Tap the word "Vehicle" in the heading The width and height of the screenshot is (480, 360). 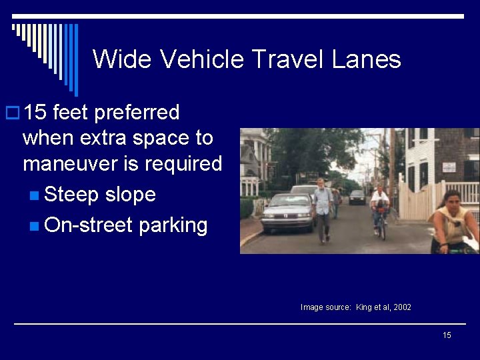201,59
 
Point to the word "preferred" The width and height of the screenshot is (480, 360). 137,113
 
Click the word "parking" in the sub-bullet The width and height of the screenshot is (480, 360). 173,225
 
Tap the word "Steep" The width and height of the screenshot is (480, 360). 70,195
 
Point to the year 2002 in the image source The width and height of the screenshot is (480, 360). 402,307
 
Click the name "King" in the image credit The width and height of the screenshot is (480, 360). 364,307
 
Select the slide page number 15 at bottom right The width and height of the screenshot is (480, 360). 447,335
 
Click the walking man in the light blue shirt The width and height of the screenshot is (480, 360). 323,207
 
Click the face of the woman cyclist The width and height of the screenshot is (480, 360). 451,201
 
